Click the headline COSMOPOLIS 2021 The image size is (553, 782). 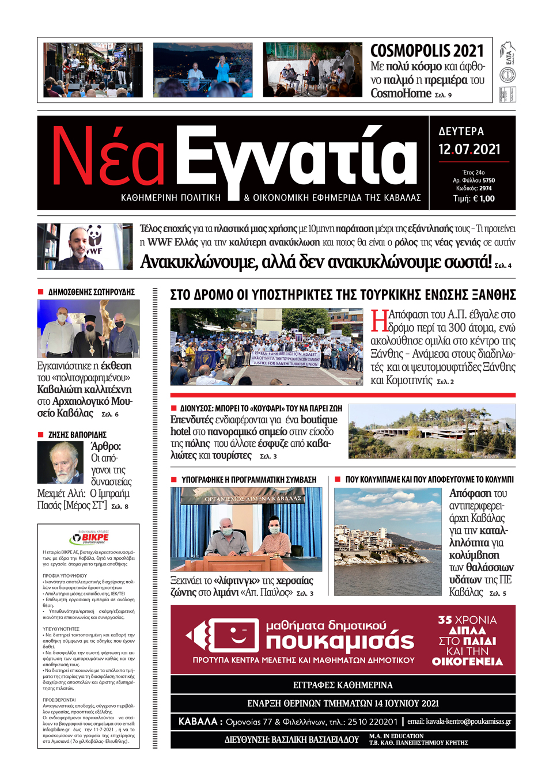tap(427, 51)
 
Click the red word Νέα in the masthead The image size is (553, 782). tap(108, 157)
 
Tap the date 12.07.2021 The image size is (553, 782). tap(469, 150)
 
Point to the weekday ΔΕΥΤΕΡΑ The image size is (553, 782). tap(461, 131)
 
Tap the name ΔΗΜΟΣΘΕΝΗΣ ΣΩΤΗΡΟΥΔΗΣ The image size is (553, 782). tap(91, 292)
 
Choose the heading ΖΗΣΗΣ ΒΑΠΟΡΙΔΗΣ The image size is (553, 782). tap(77, 435)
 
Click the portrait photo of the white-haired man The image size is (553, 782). tap(60, 462)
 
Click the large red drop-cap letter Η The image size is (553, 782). tap(379, 321)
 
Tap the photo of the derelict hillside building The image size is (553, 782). tap(432, 431)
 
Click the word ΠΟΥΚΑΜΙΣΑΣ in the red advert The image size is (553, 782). tap(340, 641)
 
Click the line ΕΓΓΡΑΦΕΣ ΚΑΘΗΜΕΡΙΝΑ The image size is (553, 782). tap(343, 685)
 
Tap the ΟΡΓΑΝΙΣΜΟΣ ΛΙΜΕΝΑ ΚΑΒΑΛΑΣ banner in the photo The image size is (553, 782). tap(252, 498)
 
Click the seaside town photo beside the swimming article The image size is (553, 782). tap(388, 541)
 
